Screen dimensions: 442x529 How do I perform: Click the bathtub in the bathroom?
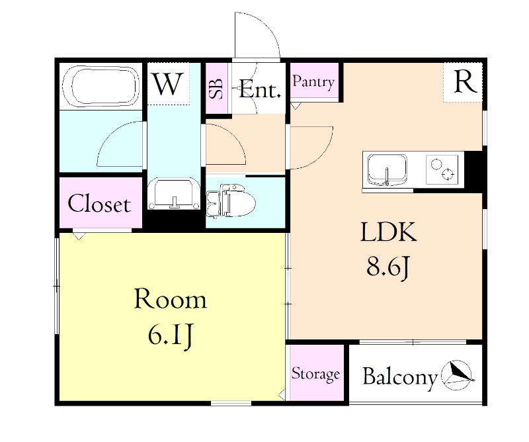point(101,86)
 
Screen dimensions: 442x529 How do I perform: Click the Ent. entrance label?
point(260,89)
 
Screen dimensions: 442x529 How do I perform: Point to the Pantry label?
point(314,82)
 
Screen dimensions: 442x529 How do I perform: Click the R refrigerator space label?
point(465,81)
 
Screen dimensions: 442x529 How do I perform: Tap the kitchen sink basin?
point(387,169)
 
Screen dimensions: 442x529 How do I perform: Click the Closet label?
point(99,204)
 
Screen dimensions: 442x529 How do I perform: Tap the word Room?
point(171,300)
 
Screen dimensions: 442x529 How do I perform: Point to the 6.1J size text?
point(171,336)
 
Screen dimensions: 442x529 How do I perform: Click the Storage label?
point(315,374)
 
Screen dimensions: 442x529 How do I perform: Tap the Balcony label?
point(400,377)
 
